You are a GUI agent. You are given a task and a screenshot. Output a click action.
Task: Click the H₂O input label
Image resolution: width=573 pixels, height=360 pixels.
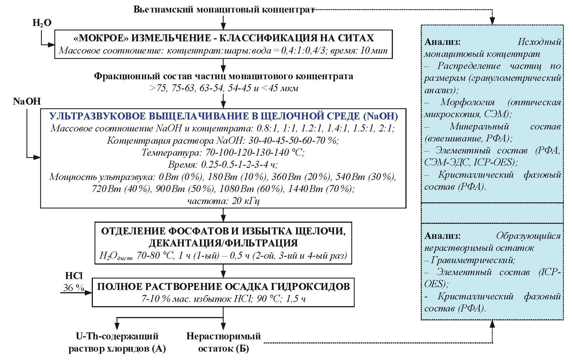click(x=42, y=23)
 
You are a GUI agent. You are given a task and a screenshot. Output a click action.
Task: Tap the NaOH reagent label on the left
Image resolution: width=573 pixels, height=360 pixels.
click(x=27, y=101)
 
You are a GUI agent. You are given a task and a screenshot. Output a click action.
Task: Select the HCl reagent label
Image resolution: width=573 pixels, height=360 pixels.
click(x=74, y=276)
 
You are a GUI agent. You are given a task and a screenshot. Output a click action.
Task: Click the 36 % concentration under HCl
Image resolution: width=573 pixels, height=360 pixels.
click(x=74, y=287)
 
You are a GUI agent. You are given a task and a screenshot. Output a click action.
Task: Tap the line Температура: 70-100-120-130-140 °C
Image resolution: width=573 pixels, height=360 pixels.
click(x=223, y=152)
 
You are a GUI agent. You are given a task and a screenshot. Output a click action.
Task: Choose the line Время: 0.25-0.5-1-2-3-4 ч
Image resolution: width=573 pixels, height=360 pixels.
click(x=223, y=164)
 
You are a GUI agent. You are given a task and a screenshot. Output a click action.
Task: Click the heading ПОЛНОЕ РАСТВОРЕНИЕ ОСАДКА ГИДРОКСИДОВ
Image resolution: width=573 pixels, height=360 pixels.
click(x=223, y=287)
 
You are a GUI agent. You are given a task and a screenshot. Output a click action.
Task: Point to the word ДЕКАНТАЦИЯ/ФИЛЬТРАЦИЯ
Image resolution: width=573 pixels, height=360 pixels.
click(x=223, y=243)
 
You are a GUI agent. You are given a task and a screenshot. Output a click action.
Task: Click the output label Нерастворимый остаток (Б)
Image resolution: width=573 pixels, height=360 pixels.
click(x=223, y=342)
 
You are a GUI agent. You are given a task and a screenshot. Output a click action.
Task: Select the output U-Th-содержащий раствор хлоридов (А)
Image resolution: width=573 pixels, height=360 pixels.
click(x=117, y=342)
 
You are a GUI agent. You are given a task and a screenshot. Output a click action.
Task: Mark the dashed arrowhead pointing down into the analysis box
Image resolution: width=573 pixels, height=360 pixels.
click(x=492, y=21)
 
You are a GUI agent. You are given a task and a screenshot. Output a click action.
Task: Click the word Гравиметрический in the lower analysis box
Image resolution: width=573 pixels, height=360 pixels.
click(x=473, y=260)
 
